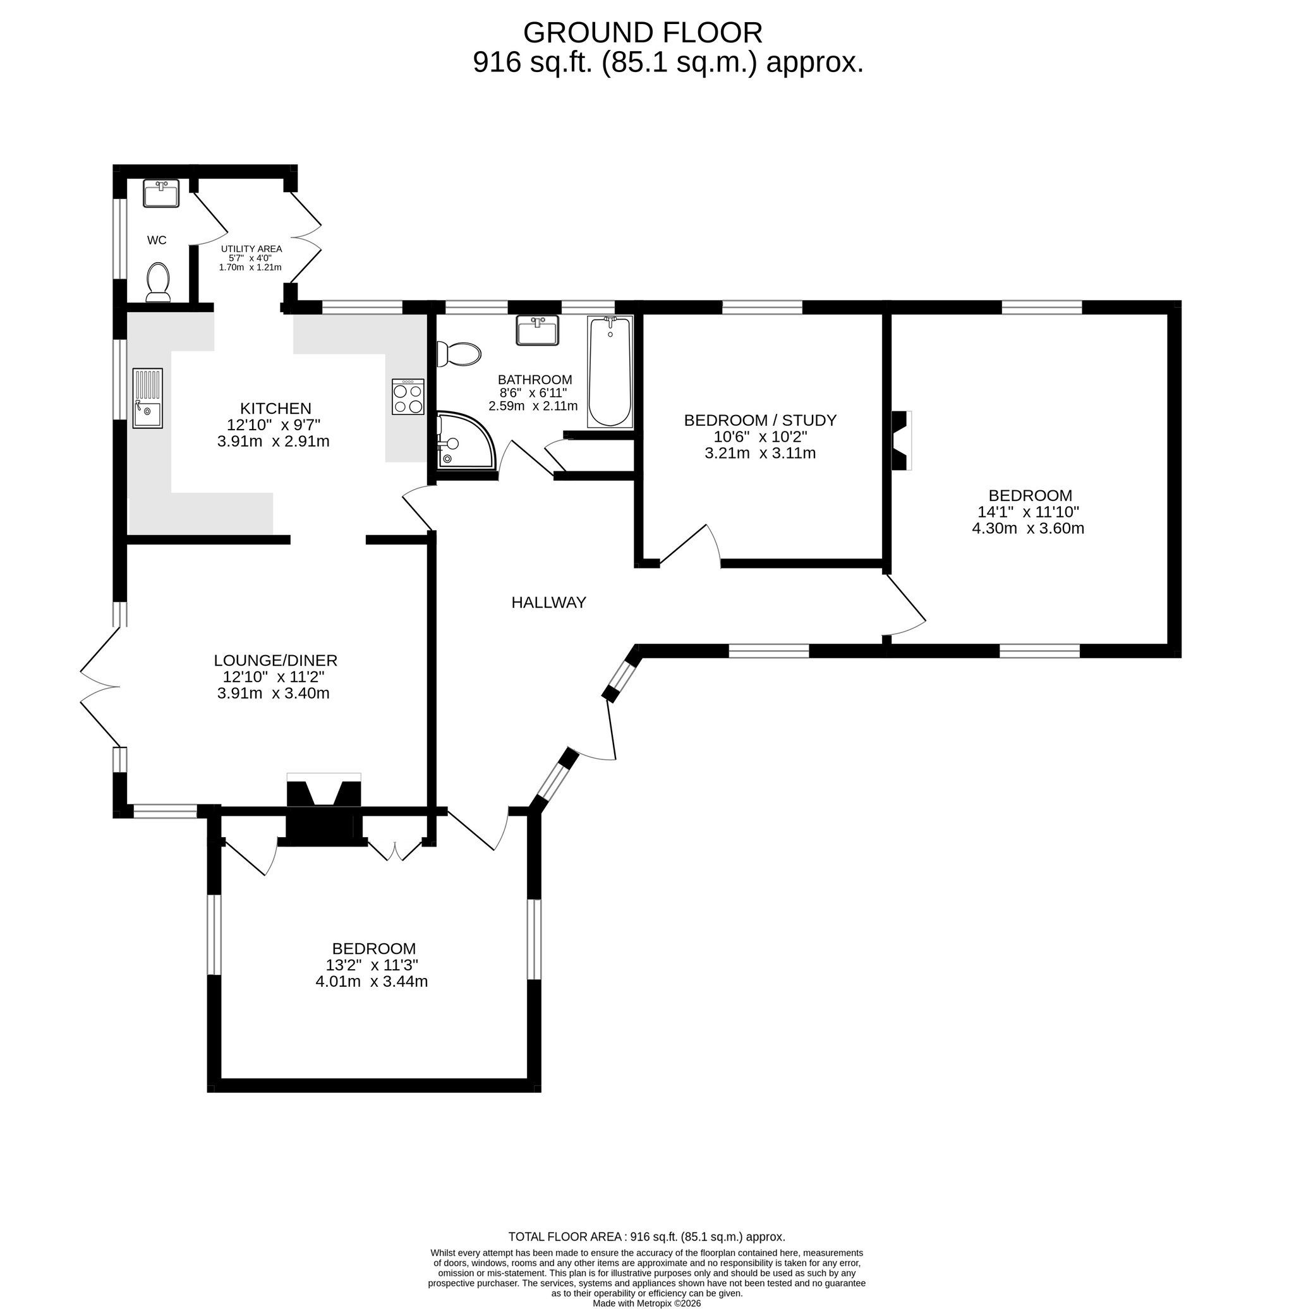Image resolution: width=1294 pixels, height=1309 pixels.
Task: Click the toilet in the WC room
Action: click(x=158, y=282)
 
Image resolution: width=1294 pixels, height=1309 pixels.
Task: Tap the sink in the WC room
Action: click(x=161, y=193)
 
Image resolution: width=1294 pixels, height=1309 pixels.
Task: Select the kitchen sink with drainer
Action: click(x=148, y=399)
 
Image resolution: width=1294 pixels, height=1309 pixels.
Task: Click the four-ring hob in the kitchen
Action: click(x=408, y=397)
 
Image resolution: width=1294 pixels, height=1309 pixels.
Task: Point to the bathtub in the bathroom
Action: click(x=610, y=372)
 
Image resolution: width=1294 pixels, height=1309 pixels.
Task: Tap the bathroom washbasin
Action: click(x=537, y=330)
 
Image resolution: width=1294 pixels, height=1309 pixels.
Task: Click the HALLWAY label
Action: click(x=549, y=602)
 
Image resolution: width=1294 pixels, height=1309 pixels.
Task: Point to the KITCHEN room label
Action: click(x=275, y=409)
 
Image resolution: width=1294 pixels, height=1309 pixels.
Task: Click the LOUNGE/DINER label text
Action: click(x=275, y=660)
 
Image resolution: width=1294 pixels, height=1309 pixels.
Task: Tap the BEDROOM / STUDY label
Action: click(x=760, y=420)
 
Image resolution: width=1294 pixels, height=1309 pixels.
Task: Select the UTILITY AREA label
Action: click(x=251, y=249)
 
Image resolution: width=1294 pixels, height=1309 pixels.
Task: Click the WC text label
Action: click(x=157, y=240)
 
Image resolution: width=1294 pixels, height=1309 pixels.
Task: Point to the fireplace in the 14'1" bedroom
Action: click(x=901, y=440)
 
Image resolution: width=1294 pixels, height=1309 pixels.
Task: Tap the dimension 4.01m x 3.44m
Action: click(x=372, y=981)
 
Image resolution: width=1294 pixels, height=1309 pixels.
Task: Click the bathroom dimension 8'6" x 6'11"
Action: click(x=533, y=393)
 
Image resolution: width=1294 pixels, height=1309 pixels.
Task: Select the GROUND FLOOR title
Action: click(x=643, y=32)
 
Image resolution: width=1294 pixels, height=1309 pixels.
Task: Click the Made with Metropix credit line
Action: click(x=646, y=1303)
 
